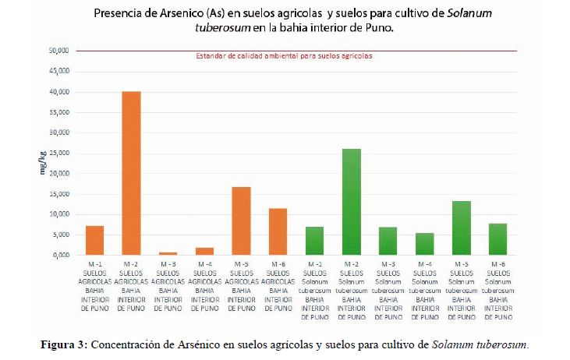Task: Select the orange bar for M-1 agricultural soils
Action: (94, 240)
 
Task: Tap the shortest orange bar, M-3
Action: (168, 253)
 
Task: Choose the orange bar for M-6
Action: (278, 231)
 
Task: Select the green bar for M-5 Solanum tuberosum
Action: (462, 228)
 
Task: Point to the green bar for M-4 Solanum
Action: (425, 244)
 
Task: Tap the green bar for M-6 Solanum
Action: (498, 239)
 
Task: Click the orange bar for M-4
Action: (205, 251)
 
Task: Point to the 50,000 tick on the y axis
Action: (60, 51)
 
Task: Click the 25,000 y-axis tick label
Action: (60, 153)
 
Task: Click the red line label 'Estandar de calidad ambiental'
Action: (284, 57)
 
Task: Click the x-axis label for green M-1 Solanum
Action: (314, 289)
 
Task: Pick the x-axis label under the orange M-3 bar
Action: (168, 286)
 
